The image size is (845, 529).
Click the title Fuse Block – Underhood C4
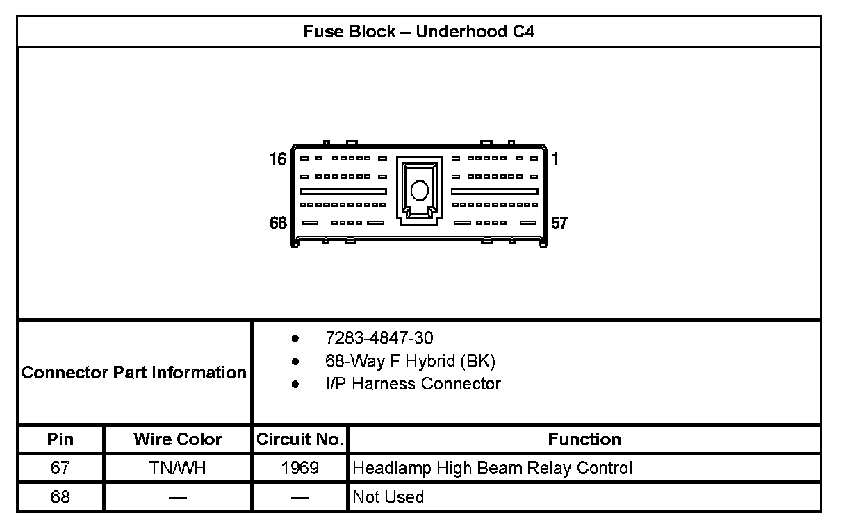[x=418, y=32]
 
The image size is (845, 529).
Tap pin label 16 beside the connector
[x=278, y=160]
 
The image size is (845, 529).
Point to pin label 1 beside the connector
[x=555, y=159]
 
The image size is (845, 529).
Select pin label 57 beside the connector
[x=559, y=223]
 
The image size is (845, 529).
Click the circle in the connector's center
[x=419, y=190]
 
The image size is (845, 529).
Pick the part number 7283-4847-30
[x=379, y=338]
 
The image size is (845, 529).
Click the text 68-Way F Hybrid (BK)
[x=410, y=361]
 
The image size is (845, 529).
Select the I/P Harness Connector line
[x=413, y=384]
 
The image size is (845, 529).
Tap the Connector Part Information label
[x=134, y=373]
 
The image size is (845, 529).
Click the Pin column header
[x=60, y=439]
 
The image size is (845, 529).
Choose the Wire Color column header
[x=177, y=439]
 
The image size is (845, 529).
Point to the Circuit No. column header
[x=300, y=439]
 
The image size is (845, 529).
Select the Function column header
[x=584, y=439]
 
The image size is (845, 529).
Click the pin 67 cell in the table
[x=60, y=469]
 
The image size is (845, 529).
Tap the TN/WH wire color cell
[x=177, y=469]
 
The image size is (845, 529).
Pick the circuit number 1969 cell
[x=300, y=469]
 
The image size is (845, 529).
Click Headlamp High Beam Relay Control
[x=492, y=469]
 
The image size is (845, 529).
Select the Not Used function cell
[x=388, y=497]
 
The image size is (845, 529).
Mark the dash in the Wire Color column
[x=177, y=497]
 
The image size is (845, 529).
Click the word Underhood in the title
[x=460, y=32]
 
